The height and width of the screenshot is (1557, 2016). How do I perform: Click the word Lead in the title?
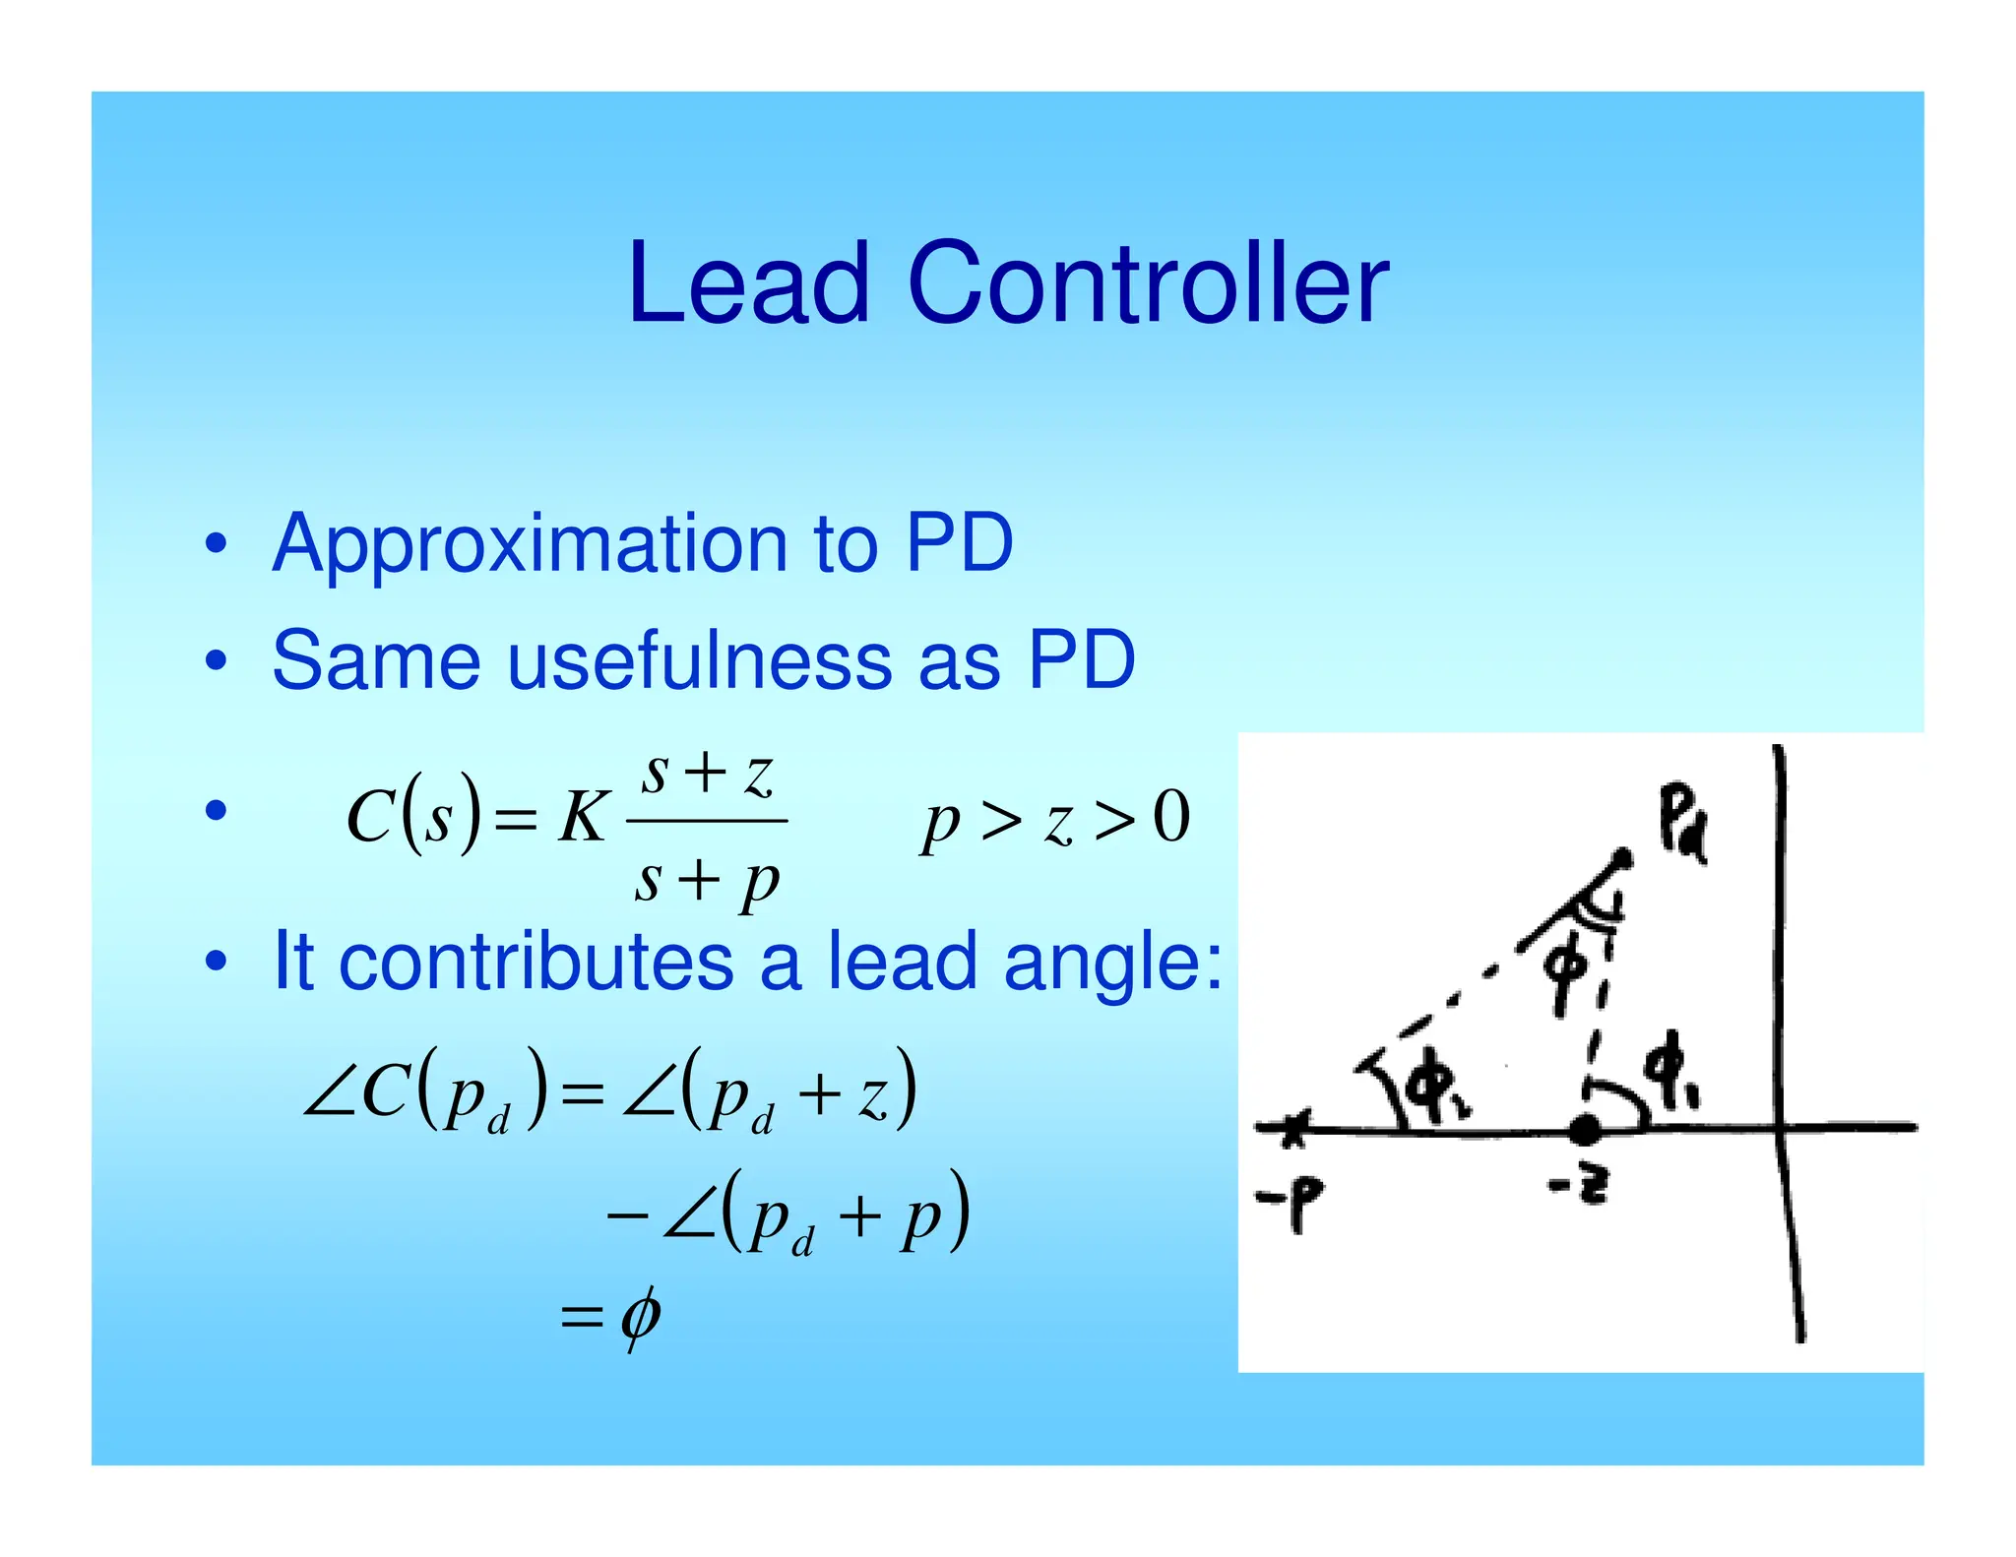coord(748,285)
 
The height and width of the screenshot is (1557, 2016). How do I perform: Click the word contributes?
coord(535,962)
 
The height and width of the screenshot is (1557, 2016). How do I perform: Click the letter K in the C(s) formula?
coord(582,818)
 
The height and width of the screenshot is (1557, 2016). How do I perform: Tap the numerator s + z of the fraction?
coord(707,774)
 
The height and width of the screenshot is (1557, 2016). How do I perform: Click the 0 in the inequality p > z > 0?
coord(1171,817)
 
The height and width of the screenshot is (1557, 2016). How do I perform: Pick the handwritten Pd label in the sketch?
coord(1681,823)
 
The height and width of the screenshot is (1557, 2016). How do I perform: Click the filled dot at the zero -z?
coord(1584,1130)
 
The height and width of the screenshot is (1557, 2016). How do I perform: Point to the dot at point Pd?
coord(1621,860)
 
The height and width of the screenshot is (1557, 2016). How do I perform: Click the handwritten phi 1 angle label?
coord(1672,1073)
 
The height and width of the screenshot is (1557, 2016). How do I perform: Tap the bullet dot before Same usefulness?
coord(216,660)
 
